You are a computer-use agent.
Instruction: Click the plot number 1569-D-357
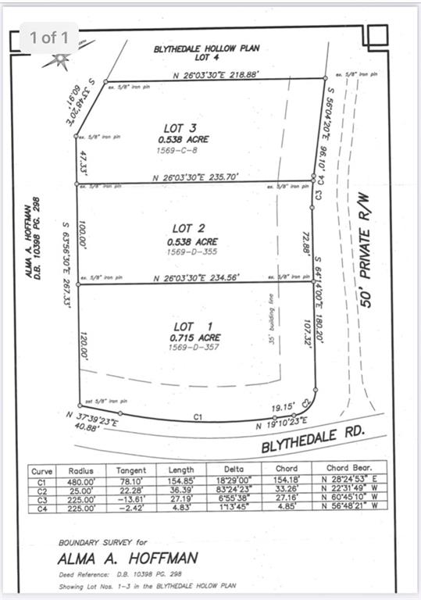click(x=195, y=348)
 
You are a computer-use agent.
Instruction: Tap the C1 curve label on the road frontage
click(x=199, y=419)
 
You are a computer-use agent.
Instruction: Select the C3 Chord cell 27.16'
click(x=288, y=499)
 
